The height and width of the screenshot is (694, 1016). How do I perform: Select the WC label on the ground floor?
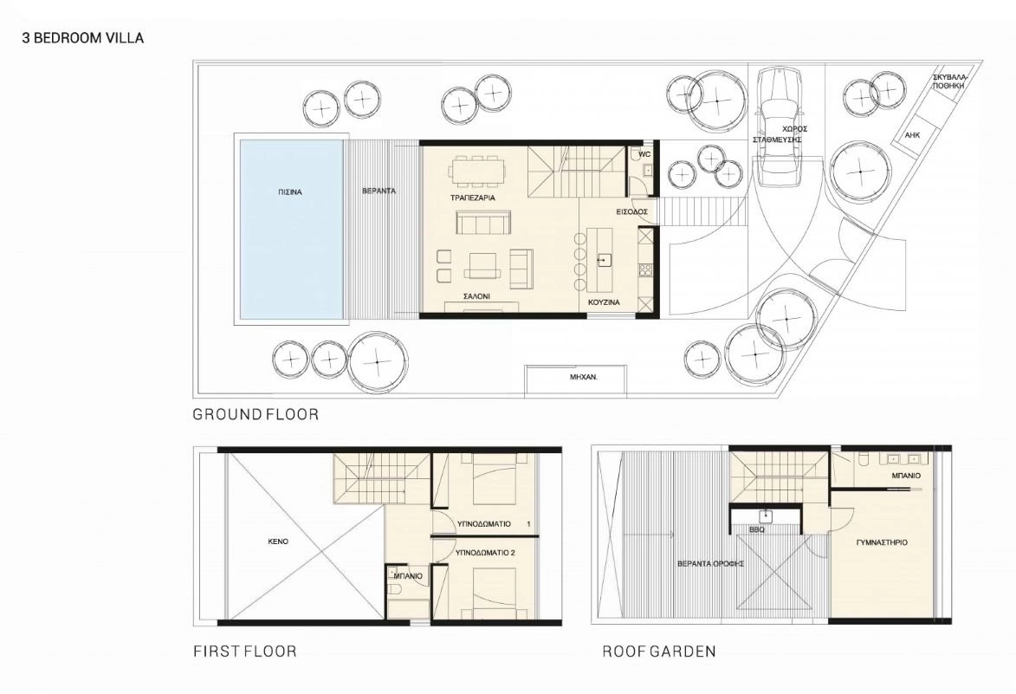(x=644, y=155)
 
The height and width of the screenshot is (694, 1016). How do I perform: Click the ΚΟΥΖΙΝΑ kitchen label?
(x=604, y=302)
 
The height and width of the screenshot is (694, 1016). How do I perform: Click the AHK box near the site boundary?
(x=913, y=135)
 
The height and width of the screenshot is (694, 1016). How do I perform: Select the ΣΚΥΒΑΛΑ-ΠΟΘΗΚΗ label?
(x=948, y=81)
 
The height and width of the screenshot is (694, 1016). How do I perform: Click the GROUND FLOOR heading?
(x=256, y=414)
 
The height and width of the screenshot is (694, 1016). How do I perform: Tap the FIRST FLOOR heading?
(x=245, y=652)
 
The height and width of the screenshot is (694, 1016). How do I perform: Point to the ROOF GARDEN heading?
(x=659, y=652)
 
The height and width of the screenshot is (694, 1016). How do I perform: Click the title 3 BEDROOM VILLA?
(x=83, y=37)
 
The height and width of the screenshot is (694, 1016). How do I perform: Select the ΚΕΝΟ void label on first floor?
(x=278, y=541)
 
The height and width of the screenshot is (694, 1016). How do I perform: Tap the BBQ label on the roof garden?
(x=756, y=529)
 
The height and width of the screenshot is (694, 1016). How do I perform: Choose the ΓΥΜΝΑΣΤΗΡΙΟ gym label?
(x=881, y=542)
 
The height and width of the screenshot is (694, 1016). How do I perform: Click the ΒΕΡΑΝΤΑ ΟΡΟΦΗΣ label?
(x=710, y=564)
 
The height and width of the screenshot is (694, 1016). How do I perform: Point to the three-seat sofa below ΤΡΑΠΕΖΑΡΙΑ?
(x=482, y=224)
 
